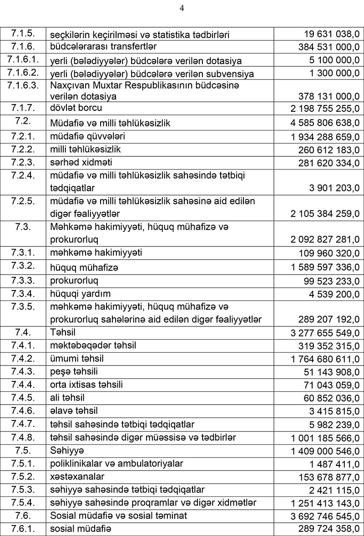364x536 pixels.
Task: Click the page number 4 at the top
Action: click(182, 8)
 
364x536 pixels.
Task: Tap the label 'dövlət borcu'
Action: click(76, 108)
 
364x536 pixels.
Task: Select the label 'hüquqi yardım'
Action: click(81, 293)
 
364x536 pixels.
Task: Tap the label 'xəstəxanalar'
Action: click(78, 476)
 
